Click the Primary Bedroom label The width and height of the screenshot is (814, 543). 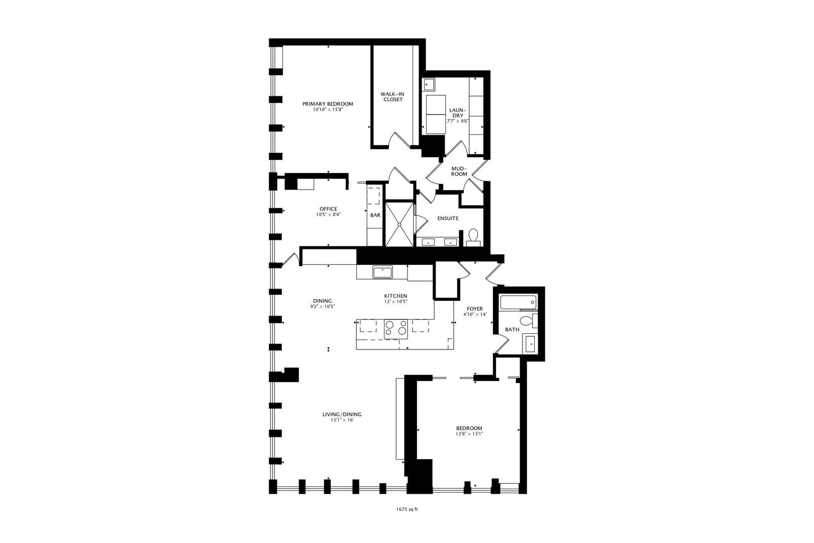327,104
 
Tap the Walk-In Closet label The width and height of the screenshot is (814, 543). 392,97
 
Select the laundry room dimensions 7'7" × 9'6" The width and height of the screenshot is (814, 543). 457,121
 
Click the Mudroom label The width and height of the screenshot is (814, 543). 459,171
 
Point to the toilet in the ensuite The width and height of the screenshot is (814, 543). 473,236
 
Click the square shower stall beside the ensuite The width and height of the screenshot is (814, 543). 399,224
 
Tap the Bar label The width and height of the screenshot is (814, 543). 375,215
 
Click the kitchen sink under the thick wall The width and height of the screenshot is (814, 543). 382,273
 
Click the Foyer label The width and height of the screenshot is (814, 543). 474,309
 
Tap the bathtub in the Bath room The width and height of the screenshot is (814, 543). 518,303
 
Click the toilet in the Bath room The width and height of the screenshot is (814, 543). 527,321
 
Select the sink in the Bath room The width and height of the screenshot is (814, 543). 531,344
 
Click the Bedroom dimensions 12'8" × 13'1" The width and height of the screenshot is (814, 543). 469,434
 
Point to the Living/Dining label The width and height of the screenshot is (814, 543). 342,414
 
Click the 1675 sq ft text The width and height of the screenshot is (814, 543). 407,509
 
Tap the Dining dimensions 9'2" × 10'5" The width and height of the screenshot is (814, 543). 322,307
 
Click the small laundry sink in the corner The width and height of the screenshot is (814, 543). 429,84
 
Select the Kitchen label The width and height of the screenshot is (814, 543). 395,296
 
